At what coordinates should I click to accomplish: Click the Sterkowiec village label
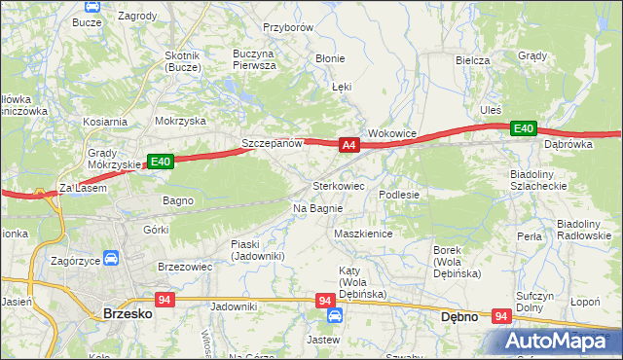(338, 185)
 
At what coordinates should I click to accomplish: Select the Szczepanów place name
(274, 143)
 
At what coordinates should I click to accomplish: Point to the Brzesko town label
(125, 313)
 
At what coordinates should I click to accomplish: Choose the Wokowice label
(391, 132)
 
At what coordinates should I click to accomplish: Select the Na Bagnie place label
(316, 208)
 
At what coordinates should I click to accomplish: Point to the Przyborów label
(287, 28)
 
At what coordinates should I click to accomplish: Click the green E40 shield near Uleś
(524, 128)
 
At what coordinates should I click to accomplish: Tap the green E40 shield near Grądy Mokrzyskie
(161, 162)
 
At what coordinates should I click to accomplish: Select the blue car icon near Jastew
(334, 316)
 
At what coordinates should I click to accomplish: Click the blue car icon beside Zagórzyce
(111, 260)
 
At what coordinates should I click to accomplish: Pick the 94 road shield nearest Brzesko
(164, 300)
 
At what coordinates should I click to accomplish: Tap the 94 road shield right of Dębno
(501, 316)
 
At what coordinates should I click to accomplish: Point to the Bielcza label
(472, 59)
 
